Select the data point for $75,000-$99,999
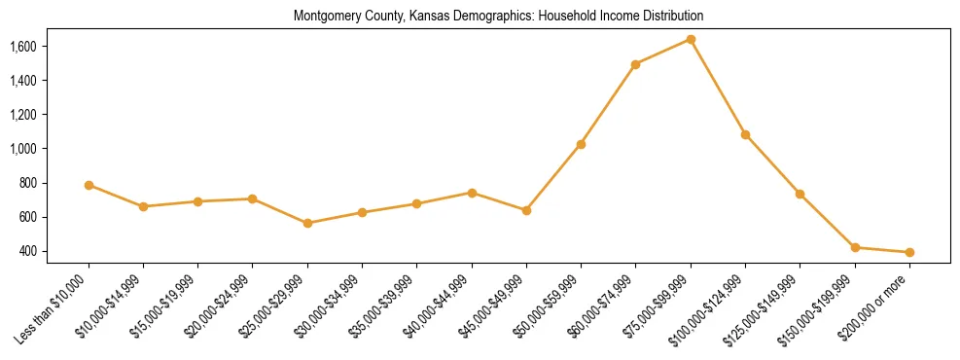pos(691,39)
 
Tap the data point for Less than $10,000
pos(89,185)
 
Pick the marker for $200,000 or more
pos(909,252)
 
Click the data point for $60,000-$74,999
pos(635,64)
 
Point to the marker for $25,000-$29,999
pos(307,223)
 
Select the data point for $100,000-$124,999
pos(745,134)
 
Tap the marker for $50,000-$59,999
pos(581,144)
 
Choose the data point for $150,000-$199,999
pos(855,247)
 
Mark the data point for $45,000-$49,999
pos(526,210)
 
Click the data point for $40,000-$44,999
pos(472,193)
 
